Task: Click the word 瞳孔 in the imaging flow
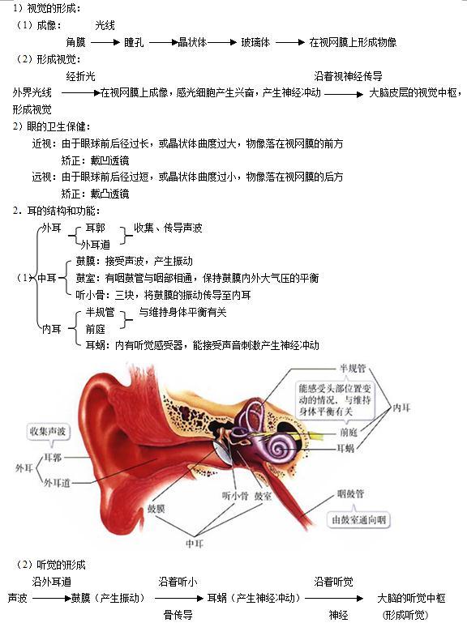[134, 42]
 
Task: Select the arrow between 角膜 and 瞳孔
[105, 42]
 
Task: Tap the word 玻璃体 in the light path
[255, 42]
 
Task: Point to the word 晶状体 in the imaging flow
[192, 42]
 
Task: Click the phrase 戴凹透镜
[109, 160]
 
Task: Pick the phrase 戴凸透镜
[109, 194]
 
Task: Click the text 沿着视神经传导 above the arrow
[348, 76]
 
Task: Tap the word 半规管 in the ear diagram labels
[353, 369]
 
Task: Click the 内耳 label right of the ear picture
[401, 408]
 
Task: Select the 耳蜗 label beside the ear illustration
[345, 449]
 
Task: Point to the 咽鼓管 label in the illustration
[350, 493]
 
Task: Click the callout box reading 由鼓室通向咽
[359, 519]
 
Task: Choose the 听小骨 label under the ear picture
[235, 496]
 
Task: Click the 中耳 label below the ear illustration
[195, 543]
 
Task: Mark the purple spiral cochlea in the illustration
[280, 448]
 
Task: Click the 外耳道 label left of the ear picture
[57, 483]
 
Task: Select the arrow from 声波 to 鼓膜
[52, 599]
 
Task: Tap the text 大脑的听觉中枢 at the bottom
[411, 598]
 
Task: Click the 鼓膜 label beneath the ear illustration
[156, 509]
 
